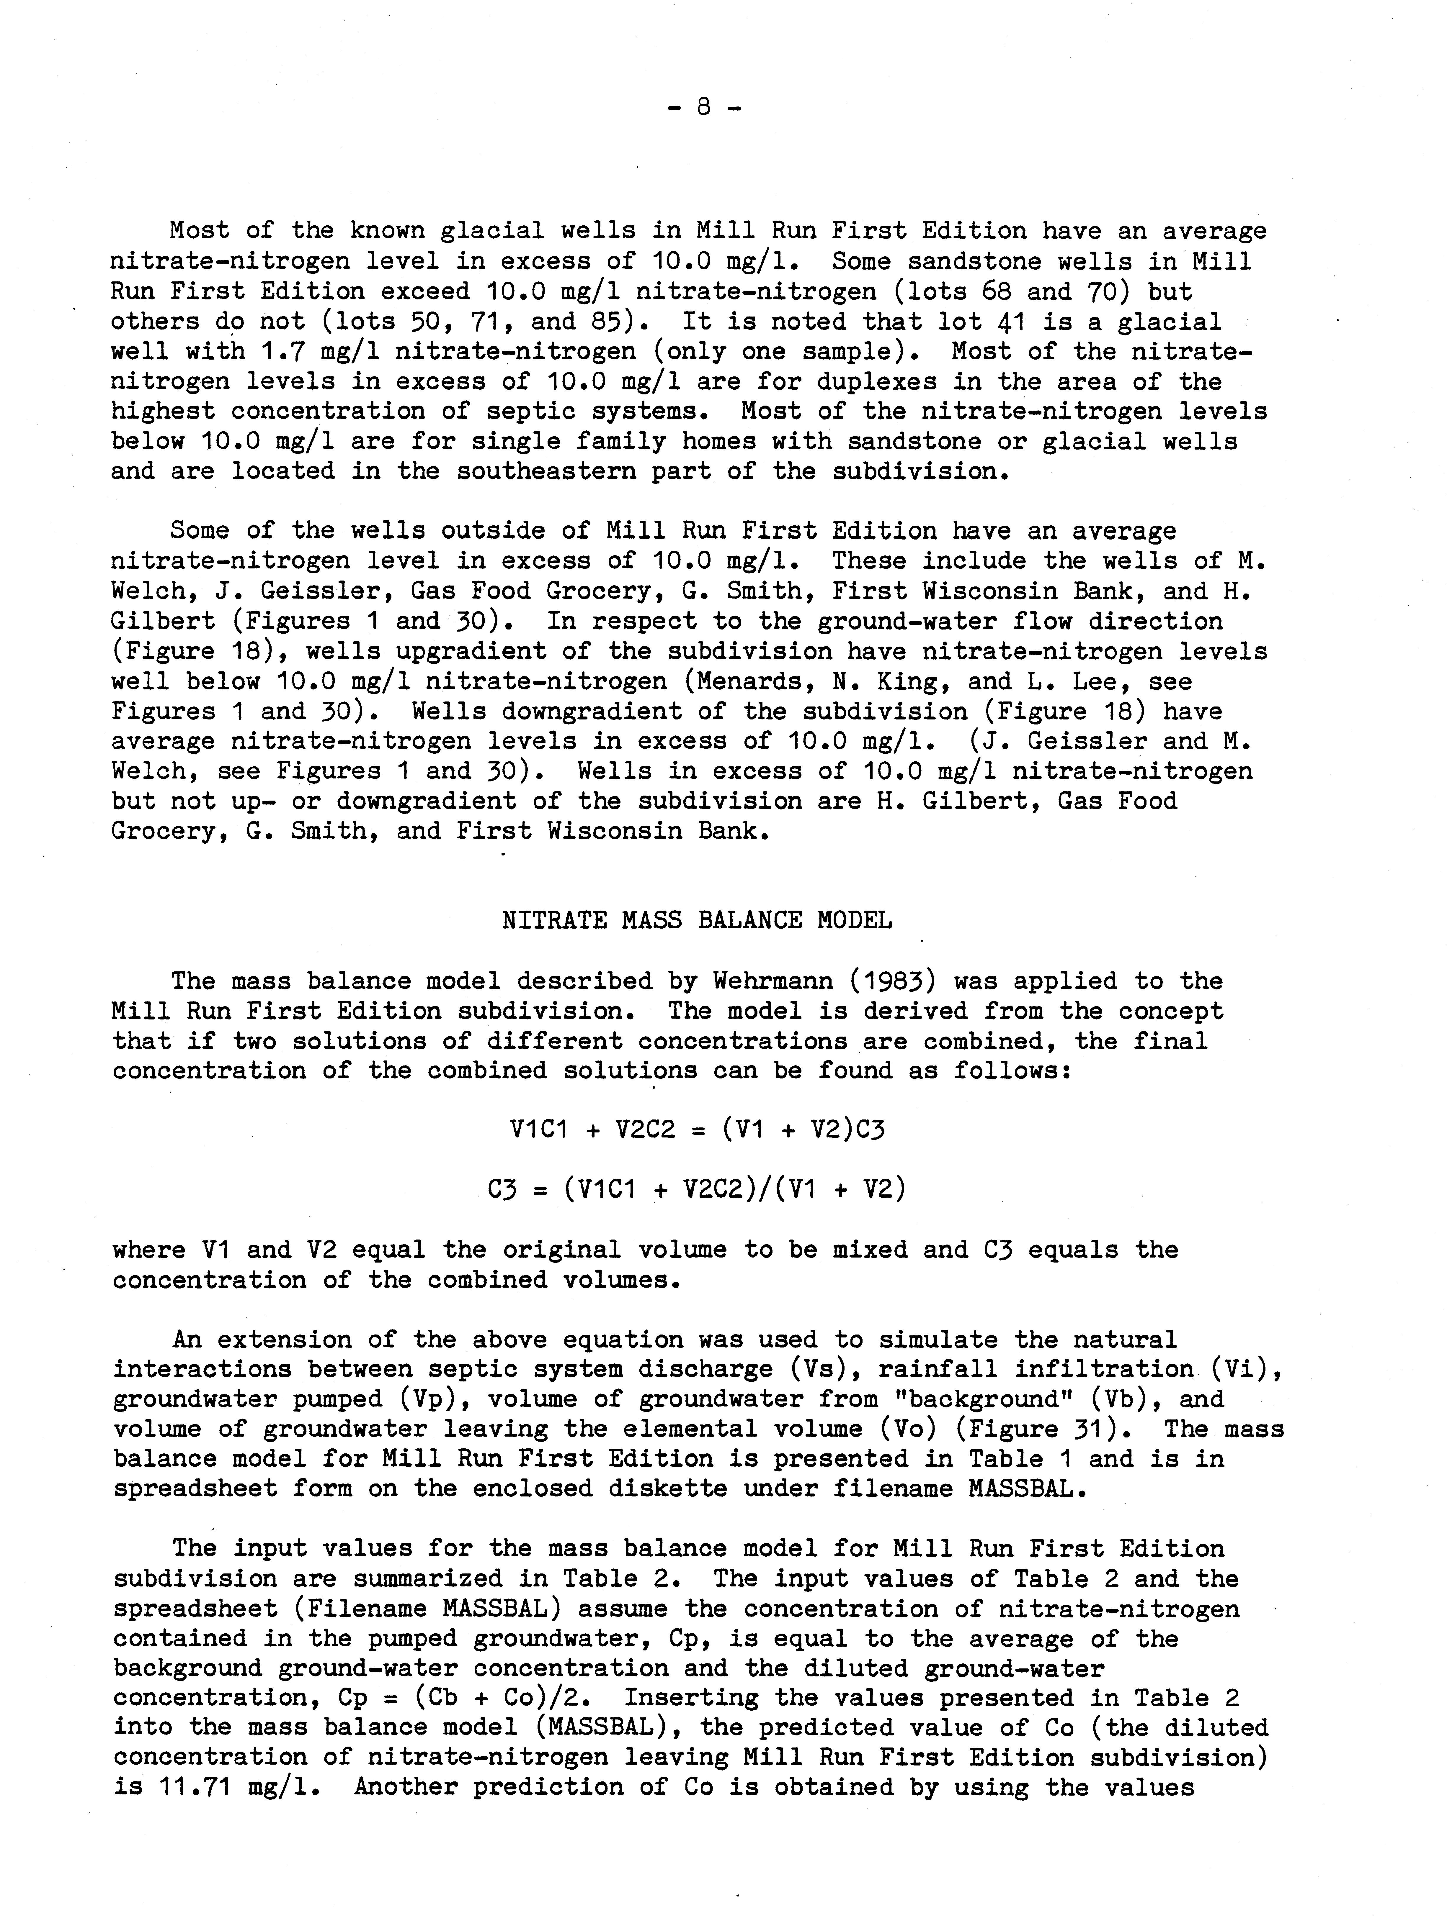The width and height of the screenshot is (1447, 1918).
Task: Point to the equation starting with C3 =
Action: coord(697,1189)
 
